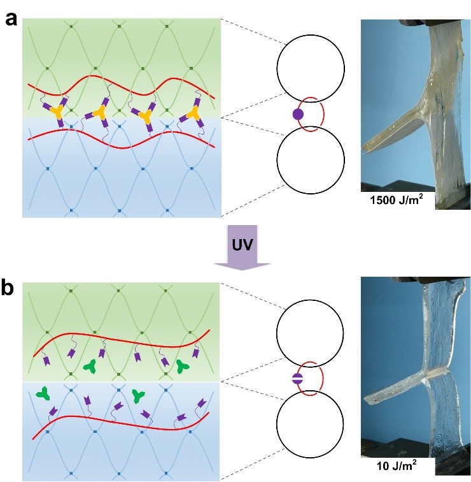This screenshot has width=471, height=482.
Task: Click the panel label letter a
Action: coord(11,18)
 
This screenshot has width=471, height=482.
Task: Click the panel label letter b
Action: coord(11,288)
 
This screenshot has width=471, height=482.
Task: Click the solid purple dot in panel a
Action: coord(297,115)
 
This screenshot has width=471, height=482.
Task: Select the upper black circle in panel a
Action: coord(310,69)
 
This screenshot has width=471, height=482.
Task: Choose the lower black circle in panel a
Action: coord(310,159)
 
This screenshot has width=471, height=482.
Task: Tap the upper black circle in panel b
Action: coord(310,332)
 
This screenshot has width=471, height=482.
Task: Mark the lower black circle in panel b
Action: coord(310,422)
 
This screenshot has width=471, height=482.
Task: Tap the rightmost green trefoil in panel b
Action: coord(183,365)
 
